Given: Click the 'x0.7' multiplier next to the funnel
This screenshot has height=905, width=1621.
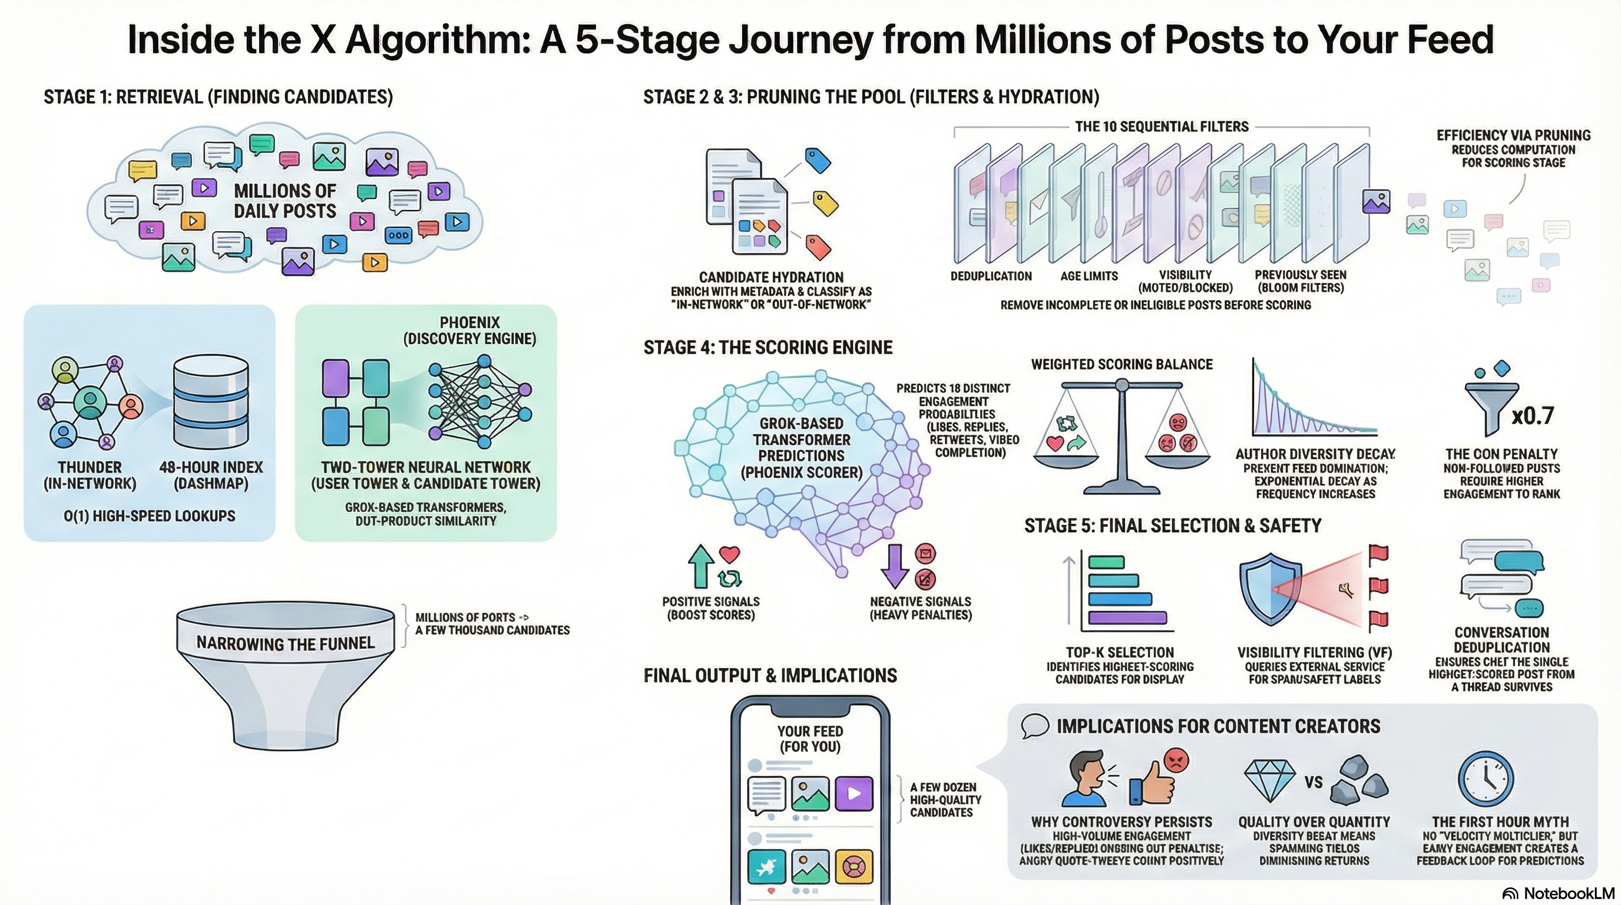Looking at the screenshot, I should pyautogui.click(x=1532, y=415).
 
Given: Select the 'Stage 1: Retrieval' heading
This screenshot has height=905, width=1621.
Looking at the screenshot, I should pyautogui.click(x=218, y=97).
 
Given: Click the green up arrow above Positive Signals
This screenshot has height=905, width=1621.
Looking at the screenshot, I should pyautogui.click(x=700, y=566).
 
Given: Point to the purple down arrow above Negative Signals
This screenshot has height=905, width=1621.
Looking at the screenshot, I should pyautogui.click(x=895, y=566).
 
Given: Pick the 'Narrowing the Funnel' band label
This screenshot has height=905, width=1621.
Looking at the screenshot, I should pyautogui.click(x=285, y=643).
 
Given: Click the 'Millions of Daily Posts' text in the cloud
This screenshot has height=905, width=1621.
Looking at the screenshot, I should pyautogui.click(x=284, y=201).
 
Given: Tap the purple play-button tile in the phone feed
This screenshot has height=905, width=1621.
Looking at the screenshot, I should pyautogui.click(x=854, y=794).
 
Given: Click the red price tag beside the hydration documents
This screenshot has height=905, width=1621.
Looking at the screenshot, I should pyautogui.click(x=818, y=247).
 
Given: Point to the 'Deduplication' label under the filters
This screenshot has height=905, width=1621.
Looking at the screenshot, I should pyautogui.click(x=991, y=276).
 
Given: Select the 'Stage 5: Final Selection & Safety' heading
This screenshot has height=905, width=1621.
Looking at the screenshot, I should pyautogui.click(x=1172, y=526).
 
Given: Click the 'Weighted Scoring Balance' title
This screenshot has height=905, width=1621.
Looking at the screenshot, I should pyautogui.click(x=1122, y=364).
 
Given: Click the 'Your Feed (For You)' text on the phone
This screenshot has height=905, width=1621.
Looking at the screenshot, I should pyautogui.click(x=810, y=739).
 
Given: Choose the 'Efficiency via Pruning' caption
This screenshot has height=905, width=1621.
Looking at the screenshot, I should pyautogui.click(x=1513, y=136).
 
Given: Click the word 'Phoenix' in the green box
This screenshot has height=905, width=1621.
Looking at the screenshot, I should pyautogui.click(x=469, y=322).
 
